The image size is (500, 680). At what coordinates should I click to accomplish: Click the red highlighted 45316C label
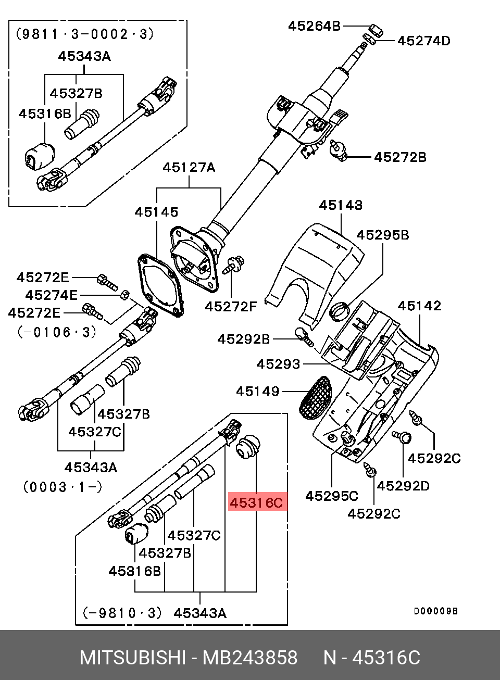pyautogui.click(x=257, y=502)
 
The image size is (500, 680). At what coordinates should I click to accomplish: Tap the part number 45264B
pyautogui.click(x=314, y=27)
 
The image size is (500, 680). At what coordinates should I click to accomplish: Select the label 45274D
pyautogui.click(x=424, y=41)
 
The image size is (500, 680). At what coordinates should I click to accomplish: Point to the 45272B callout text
pyautogui.click(x=400, y=157)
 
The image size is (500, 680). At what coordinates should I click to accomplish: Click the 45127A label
pyautogui.click(x=189, y=167)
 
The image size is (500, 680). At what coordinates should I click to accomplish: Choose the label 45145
pyautogui.click(x=156, y=212)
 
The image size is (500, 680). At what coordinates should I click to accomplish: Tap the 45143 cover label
pyautogui.click(x=341, y=205)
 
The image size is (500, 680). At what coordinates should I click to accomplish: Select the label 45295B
pyautogui.click(x=382, y=235)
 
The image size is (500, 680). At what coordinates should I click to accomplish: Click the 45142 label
pyautogui.click(x=420, y=306)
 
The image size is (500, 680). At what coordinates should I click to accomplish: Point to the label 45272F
pyautogui.click(x=231, y=307)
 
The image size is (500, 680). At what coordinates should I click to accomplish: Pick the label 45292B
pyautogui.click(x=243, y=339)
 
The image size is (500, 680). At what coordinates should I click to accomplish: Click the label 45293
pyautogui.click(x=278, y=364)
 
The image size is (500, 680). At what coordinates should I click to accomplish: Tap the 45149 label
pyautogui.click(x=258, y=392)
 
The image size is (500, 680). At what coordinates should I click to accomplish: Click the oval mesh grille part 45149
pyautogui.click(x=316, y=397)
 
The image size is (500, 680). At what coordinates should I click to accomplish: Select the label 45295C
pyautogui.click(x=332, y=496)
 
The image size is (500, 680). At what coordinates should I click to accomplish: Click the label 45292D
pyautogui.click(x=403, y=486)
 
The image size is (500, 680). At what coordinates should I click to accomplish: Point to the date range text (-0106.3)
pyautogui.click(x=57, y=332)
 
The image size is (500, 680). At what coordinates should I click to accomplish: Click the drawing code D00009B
pyautogui.click(x=436, y=611)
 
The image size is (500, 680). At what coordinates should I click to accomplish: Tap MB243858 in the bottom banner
pyautogui.click(x=250, y=658)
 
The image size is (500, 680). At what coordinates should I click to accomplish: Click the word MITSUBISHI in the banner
pyautogui.click(x=133, y=658)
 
